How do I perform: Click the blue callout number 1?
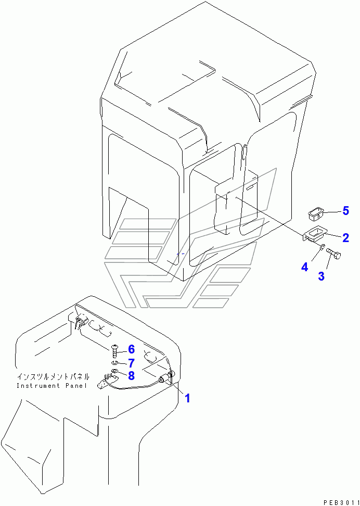[x=187, y=398]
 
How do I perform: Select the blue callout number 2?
[x=345, y=238]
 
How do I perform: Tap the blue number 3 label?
[x=322, y=276]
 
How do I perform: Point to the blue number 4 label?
[x=304, y=267]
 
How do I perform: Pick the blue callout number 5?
[x=345, y=211]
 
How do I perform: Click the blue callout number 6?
[x=131, y=349]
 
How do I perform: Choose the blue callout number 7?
[x=131, y=363]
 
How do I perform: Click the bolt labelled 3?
[x=333, y=254]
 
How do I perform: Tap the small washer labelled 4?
[x=322, y=247]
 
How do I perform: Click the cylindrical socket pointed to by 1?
[x=166, y=376]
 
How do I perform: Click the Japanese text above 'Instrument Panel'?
[x=53, y=376]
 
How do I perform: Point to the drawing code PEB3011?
[x=340, y=502]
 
